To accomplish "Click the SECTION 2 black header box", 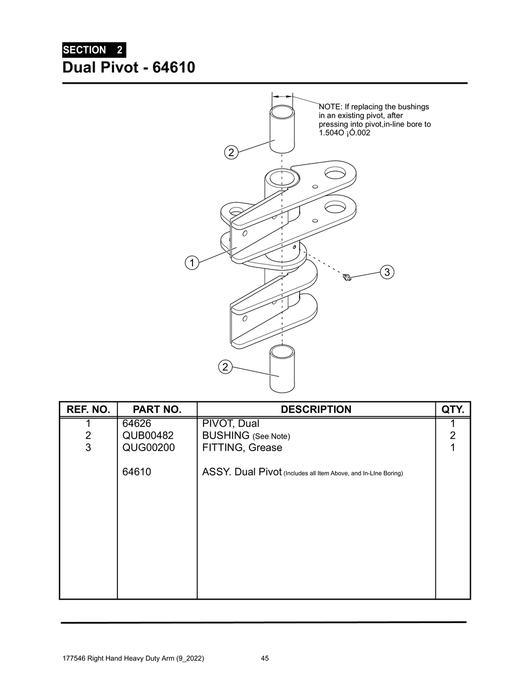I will coord(94,50).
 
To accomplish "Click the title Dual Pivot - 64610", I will coord(128,68).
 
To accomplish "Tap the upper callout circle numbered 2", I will coord(231,152).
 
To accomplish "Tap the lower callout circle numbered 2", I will coord(224,367).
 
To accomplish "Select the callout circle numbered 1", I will coord(192,263).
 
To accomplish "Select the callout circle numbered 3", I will coord(387,272).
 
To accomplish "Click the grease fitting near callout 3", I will coord(347,278).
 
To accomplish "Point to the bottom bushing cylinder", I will coord(282,369).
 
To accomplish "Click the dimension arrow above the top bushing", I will coord(282,96).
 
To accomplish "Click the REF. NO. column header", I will coord(88,409).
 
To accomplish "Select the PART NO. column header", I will coord(157,409).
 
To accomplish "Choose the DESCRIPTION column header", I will coord(316,409).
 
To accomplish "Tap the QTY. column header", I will coord(453,409).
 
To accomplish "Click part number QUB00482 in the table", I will coord(148,436).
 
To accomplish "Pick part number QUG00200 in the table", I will coord(148,448).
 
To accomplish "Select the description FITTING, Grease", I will coord(242,448).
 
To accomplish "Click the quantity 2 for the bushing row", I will coord(452,436).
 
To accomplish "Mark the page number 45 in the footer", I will coord(264,659).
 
